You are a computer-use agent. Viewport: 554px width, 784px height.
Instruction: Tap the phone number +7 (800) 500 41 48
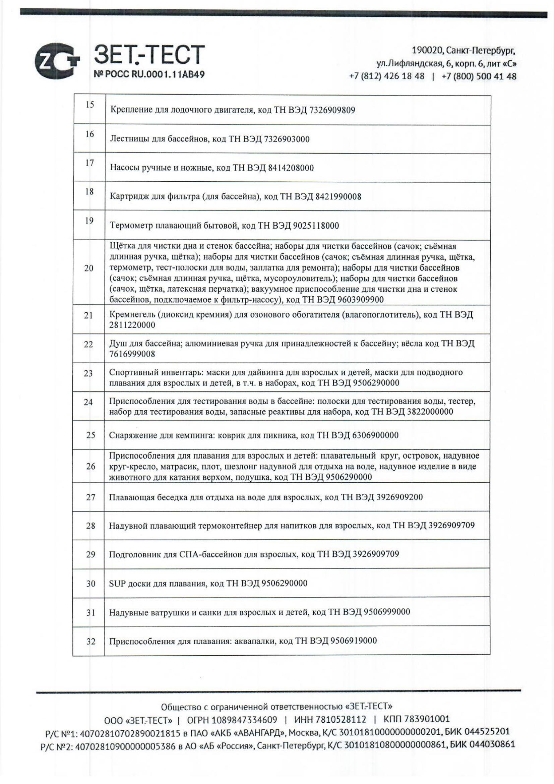tap(479, 76)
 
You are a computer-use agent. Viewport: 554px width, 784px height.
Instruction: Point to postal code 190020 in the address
tap(427, 51)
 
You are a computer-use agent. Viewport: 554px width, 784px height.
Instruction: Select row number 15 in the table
tap(89, 105)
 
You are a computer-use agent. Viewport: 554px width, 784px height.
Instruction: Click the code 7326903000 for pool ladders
tap(287, 139)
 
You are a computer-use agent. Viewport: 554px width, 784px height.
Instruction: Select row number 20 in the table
tap(89, 268)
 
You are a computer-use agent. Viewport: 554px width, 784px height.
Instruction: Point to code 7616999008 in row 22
tap(132, 354)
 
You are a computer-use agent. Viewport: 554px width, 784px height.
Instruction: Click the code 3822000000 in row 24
tap(430, 412)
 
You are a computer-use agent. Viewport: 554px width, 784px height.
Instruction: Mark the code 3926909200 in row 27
tap(400, 497)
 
